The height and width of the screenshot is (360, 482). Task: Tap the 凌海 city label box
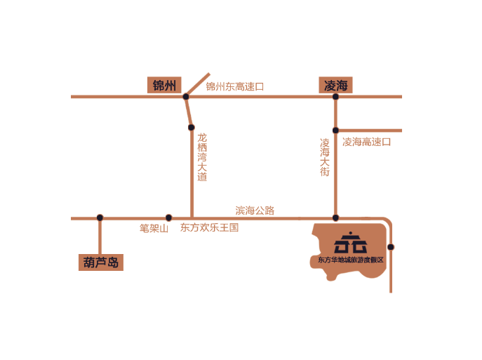point(335,86)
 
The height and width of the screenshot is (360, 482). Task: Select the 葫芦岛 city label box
point(101,263)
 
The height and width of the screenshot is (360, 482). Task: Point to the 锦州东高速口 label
point(235,87)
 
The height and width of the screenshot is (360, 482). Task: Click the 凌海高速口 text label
point(366,142)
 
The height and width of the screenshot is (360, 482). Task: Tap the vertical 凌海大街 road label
point(325,156)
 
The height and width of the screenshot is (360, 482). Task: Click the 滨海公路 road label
point(255,210)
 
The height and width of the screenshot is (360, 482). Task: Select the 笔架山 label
point(154,228)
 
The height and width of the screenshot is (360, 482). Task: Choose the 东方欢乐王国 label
point(209,227)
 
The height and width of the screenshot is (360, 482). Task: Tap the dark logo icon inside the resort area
point(350,243)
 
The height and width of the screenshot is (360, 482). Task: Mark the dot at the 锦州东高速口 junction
point(186,97)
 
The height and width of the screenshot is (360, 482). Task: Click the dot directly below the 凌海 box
point(335,97)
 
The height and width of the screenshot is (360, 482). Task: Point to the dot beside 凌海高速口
point(335,131)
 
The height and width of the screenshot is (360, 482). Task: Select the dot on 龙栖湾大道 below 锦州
point(191,128)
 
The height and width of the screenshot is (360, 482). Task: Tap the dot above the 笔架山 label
point(168,218)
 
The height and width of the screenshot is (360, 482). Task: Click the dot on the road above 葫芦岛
point(100,218)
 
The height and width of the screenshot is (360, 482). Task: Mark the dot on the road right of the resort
point(391,246)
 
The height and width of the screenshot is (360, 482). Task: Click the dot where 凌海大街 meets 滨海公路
point(335,218)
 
